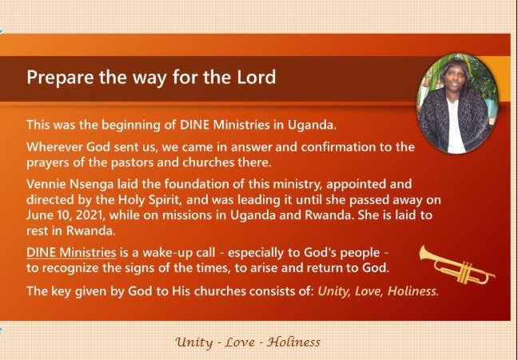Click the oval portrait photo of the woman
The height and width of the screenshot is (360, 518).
(x=458, y=103)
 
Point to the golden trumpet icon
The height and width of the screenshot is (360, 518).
(x=457, y=265)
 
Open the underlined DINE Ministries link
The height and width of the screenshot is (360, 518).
(x=71, y=253)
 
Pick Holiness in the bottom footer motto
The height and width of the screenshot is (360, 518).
(x=293, y=342)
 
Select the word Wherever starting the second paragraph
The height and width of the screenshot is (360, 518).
(x=55, y=147)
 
